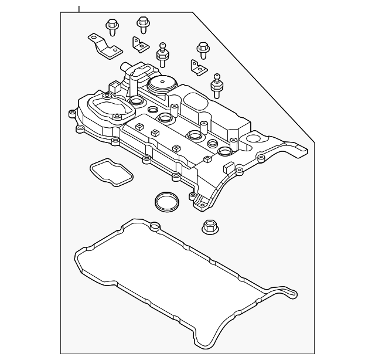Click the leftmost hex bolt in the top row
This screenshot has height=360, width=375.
coord(111,27)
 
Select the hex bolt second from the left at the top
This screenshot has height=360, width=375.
coord(142,25)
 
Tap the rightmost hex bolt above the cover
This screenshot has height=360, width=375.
coord(203,50)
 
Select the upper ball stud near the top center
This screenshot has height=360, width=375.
coord(162,54)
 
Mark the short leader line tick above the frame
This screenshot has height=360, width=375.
coord(79,9)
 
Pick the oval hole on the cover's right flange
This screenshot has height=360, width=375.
coord(254,140)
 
